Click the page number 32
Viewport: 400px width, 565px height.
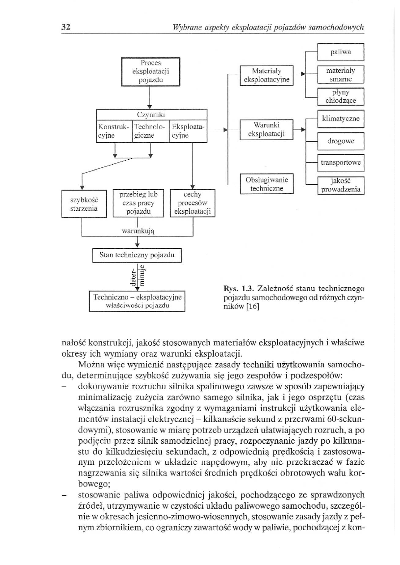(x=66, y=26)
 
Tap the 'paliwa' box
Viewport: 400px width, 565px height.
(x=340, y=52)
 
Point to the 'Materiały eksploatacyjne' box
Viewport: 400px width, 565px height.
(x=267, y=75)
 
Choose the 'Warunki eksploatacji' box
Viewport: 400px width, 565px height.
(x=267, y=130)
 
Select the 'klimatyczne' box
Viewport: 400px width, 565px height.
(x=340, y=119)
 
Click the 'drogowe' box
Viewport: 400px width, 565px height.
(x=340, y=141)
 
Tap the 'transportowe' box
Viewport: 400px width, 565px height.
(x=340, y=163)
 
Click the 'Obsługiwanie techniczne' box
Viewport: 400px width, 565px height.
(x=267, y=184)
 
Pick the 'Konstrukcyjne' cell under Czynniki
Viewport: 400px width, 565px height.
(x=114, y=131)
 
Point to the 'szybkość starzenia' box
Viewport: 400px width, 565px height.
(x=84, y=204)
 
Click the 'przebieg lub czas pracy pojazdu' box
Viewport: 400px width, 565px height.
(x=138, y=203)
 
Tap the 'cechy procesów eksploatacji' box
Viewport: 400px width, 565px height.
(x=193, y=203)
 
